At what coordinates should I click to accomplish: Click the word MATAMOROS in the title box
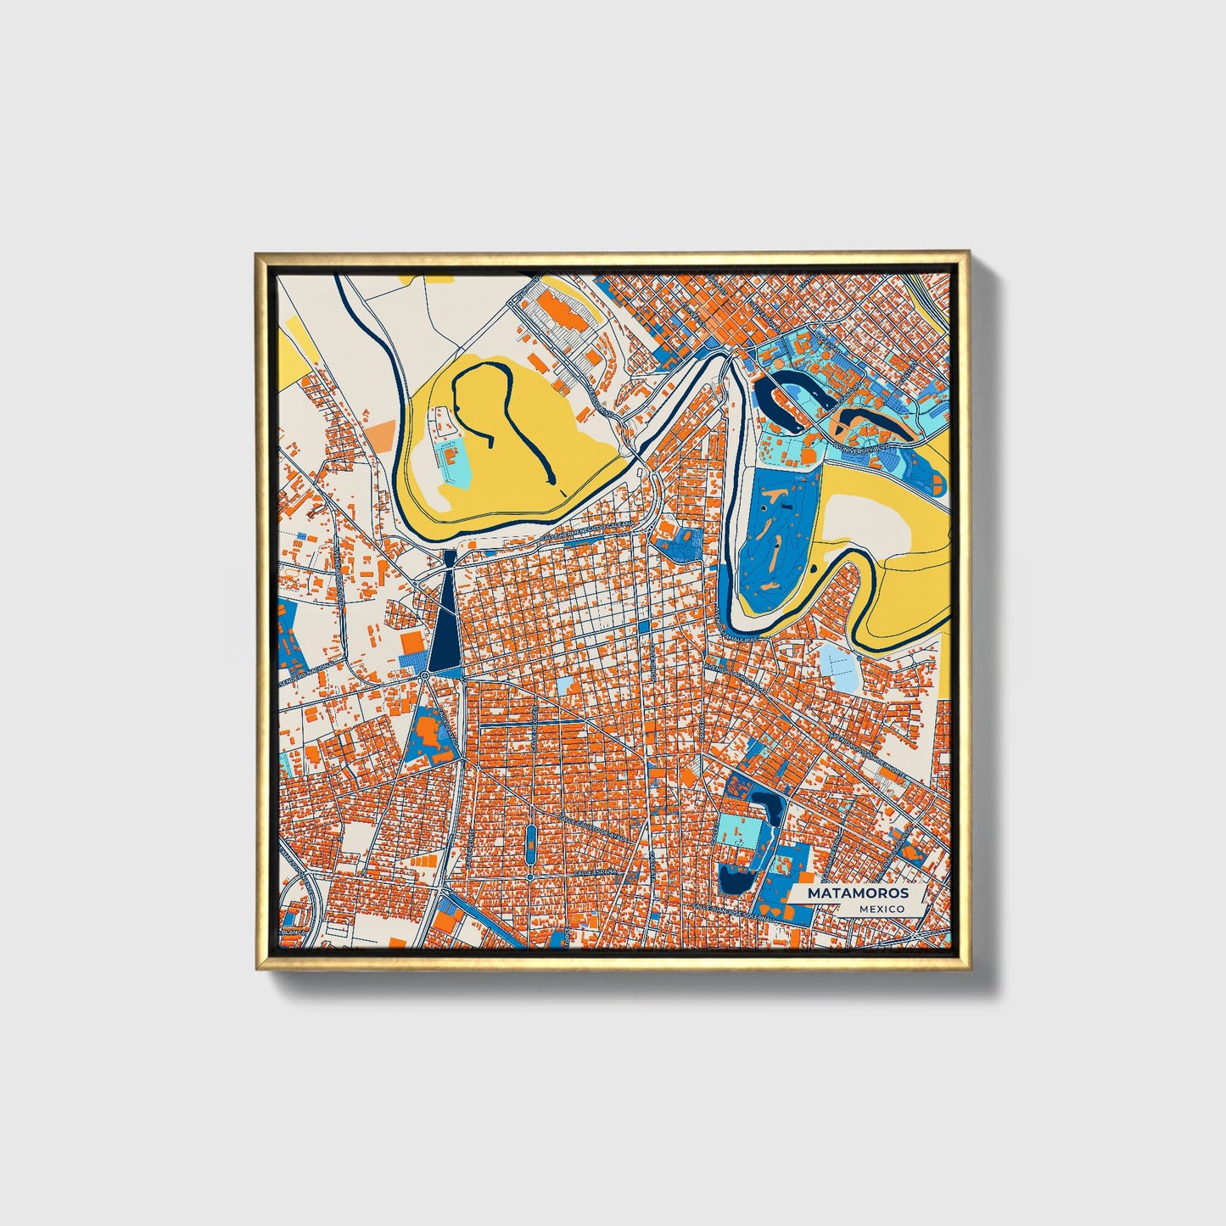tap(857, 893)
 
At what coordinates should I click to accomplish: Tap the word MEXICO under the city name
tap(881, 909)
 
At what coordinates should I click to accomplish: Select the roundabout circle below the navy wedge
tap(423, 675)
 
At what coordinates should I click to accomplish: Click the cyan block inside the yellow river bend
tap(456, 463)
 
